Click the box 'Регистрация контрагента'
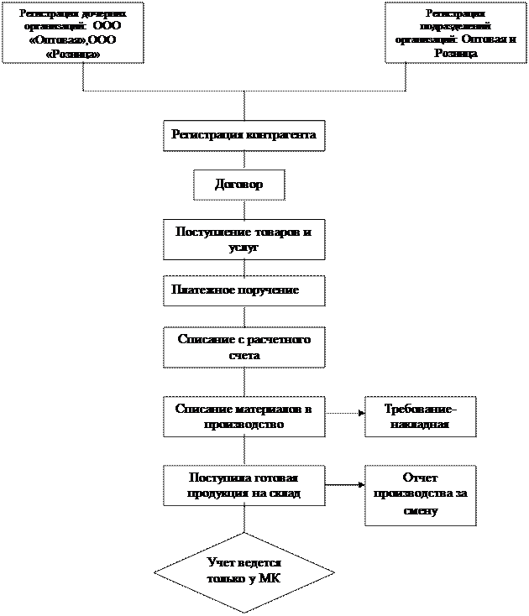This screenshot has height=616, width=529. point(244,135)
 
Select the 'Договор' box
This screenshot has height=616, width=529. point(238,185)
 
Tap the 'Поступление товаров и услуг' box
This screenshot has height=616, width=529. point(244,239)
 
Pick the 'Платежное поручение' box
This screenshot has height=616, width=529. point(244,290)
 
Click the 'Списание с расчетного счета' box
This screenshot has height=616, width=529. point(244,347)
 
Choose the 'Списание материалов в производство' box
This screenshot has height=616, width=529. point(244,416)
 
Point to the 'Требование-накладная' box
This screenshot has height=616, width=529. point(420,416)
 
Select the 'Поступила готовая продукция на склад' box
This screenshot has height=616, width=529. point(244,485)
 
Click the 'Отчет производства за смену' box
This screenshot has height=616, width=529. point(420,495)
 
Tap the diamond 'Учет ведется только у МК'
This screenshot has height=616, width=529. point(244,572)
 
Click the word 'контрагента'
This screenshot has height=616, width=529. point(281,134)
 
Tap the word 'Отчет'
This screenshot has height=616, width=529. point(420,478)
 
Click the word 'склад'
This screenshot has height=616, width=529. point(283,493)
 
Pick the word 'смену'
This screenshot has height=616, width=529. point(420,510)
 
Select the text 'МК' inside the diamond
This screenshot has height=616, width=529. point(270,579)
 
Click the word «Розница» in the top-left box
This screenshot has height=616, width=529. point(72,54)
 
